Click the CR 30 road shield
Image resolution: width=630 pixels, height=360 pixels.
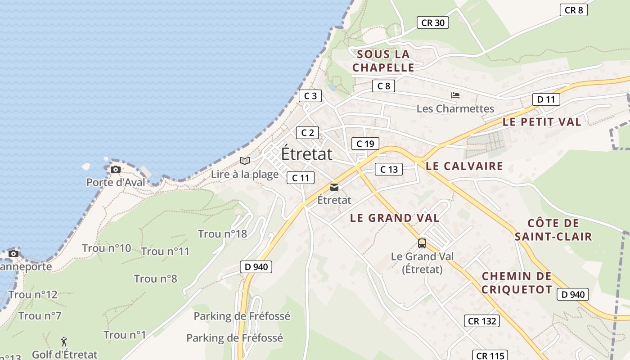[433, 22]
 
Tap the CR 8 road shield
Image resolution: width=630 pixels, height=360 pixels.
[574, 10]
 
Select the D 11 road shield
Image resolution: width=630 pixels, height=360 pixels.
[546, 99]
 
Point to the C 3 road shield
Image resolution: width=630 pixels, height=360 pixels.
[310, 96]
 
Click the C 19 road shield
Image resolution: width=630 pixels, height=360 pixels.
[365, 144]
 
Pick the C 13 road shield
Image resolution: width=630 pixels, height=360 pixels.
[389, 169]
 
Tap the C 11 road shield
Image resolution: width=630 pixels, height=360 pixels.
[301, 178]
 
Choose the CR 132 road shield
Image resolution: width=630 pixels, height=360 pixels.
[482, 321]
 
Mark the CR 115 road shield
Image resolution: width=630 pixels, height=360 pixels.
[490, 355]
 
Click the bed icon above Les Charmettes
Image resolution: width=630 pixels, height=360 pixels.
[455, 95]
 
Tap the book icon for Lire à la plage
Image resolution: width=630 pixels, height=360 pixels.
[245, 161]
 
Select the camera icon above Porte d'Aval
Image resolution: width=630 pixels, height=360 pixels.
[116, 169]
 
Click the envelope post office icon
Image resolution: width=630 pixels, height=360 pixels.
[334, 187]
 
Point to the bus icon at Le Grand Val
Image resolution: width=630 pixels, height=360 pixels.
[422, 243]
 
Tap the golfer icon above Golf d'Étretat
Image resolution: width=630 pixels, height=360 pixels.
[64, 342]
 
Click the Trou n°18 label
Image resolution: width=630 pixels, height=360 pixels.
[222, 234]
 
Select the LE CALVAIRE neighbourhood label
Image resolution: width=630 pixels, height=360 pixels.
[464, 166]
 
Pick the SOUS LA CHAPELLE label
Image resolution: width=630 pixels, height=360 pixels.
[383, 61]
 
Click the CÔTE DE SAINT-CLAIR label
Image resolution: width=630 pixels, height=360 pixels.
[553, 230]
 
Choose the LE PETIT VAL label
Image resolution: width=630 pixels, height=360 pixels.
[542, 121]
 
